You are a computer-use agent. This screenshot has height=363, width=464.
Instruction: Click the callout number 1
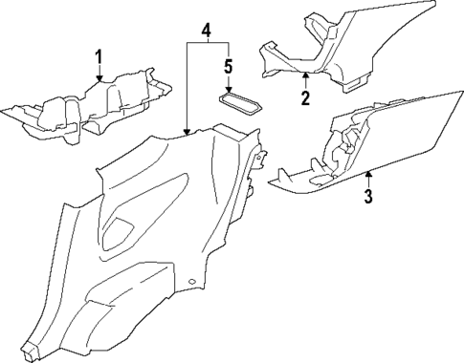[98, 60]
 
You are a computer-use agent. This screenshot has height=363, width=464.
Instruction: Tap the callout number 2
[305, 97]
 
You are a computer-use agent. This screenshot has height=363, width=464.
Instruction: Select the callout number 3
[367, 198]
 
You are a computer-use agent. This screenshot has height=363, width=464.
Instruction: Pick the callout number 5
[228, 67]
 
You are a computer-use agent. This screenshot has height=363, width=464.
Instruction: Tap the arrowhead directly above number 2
[305, 75]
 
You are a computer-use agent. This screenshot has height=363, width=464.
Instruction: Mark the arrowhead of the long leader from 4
[188, 133]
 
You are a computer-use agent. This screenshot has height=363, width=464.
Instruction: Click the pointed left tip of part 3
[272, 179]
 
